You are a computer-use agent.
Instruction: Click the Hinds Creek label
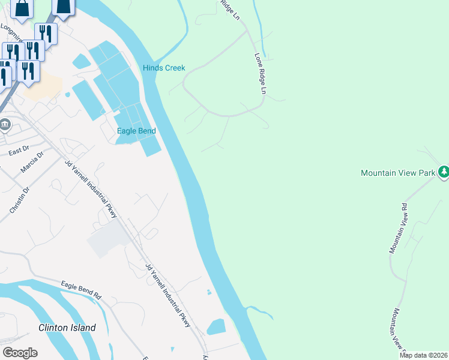click(164, 68)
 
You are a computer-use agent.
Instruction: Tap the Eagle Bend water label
click(136, 131)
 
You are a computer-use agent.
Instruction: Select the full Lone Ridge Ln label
click(261, 74)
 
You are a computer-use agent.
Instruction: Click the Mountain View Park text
click(397, 173)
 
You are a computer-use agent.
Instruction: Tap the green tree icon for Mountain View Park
click(444, 172)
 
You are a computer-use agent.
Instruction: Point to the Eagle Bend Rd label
click(81, 289)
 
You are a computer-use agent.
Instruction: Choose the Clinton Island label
click(67, 328)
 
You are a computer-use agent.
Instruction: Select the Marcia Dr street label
click(32, 163)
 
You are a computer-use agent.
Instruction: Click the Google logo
click(20, 353)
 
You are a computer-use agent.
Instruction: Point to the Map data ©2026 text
click(423, 355)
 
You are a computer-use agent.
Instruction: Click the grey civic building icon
click(5, 125)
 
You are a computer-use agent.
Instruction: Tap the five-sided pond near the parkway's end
click(215, 327)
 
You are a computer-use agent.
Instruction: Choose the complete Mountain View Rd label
click(398, 227)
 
